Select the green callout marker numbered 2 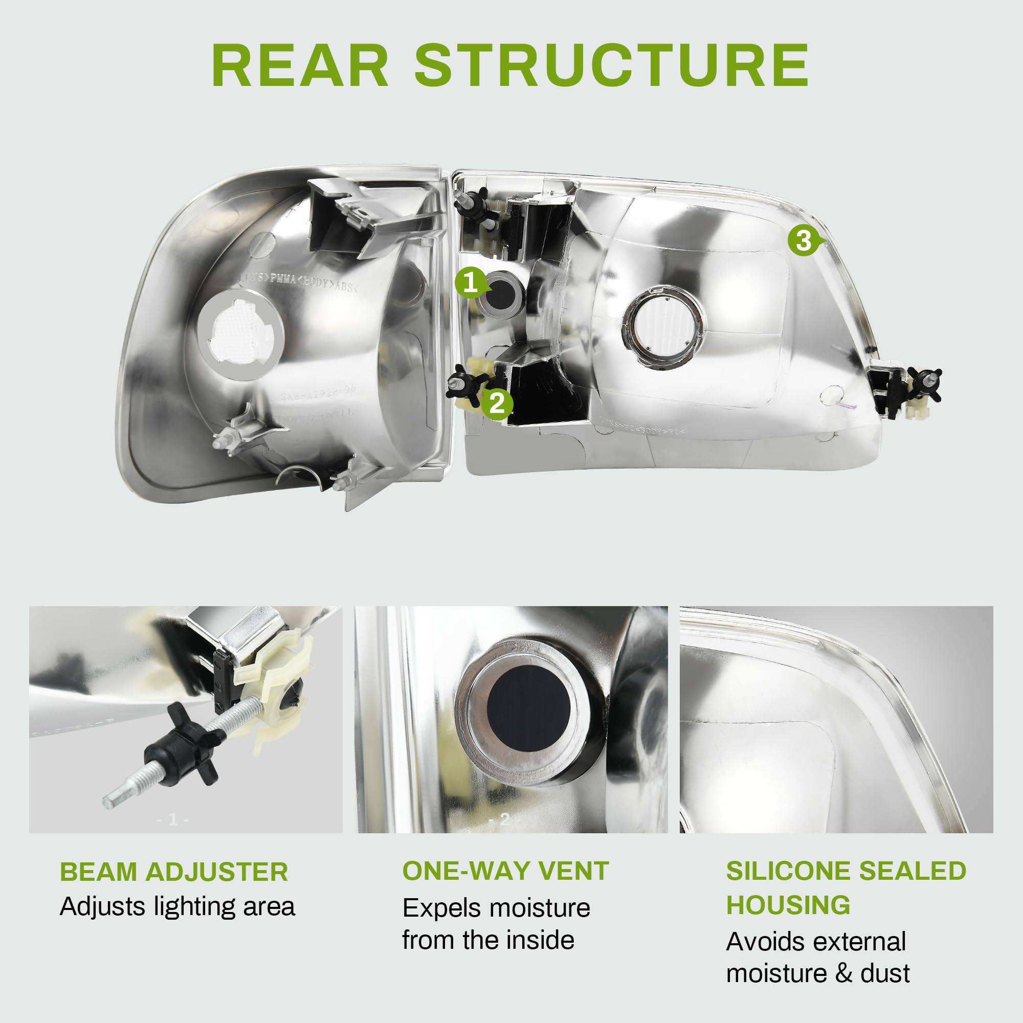(x=497, y=404)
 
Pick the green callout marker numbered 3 (x=803, y=241)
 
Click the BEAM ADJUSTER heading (x=174, y=872)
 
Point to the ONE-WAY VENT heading (x=506, y=871)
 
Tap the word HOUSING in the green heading (x=788, y=904)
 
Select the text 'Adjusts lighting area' (x=177, y=906)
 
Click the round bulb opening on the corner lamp (x=240, y=335)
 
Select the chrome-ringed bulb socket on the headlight (x=663, y=326)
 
